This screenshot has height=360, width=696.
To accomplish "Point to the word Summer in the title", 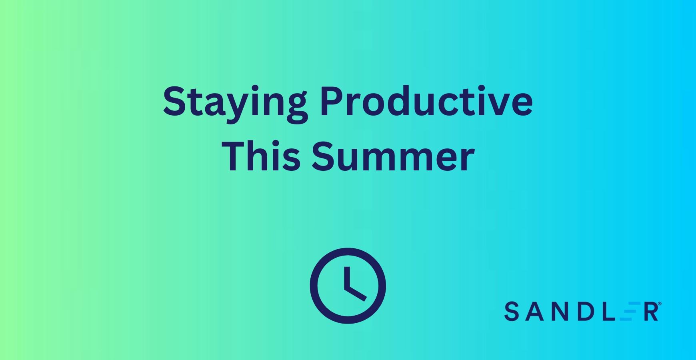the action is coord(393,156).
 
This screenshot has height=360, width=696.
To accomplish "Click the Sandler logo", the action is coord(582,311).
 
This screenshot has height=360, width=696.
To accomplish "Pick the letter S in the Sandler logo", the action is coord(511,312).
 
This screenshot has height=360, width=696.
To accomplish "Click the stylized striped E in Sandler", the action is coord(628,312).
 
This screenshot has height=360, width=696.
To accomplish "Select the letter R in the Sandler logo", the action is coord(651,312).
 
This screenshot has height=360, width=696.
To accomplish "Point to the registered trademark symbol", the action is coord(660,304).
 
